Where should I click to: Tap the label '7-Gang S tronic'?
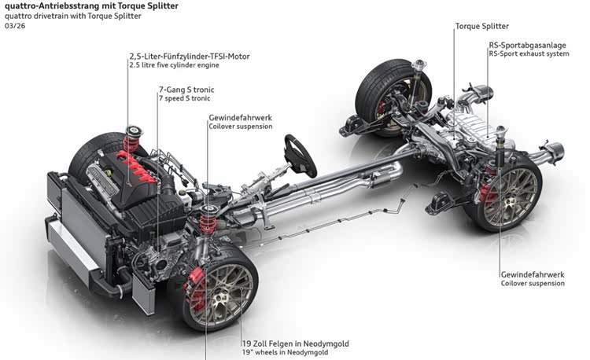(186, 90)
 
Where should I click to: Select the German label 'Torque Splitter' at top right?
(482, 26)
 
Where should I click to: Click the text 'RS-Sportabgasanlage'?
(524, 45)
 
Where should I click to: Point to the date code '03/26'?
(13, 26)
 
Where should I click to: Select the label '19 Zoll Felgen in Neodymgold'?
(295, 343)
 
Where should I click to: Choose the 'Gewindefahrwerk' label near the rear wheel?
(532, 274)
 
